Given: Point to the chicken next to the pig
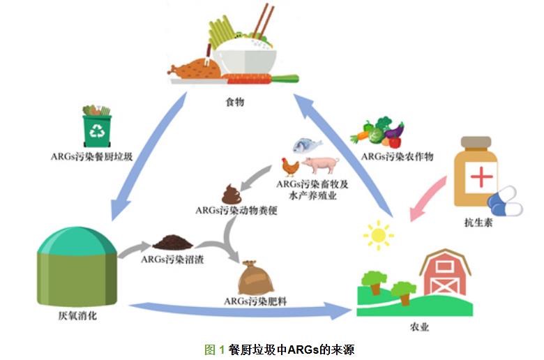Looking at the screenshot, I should click(290, 167).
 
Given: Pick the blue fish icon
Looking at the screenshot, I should click(307, 145).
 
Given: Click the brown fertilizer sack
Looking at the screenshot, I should click(252, 278).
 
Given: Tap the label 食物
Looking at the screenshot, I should click(234, 103).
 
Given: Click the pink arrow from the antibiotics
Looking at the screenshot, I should click(428, 197).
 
